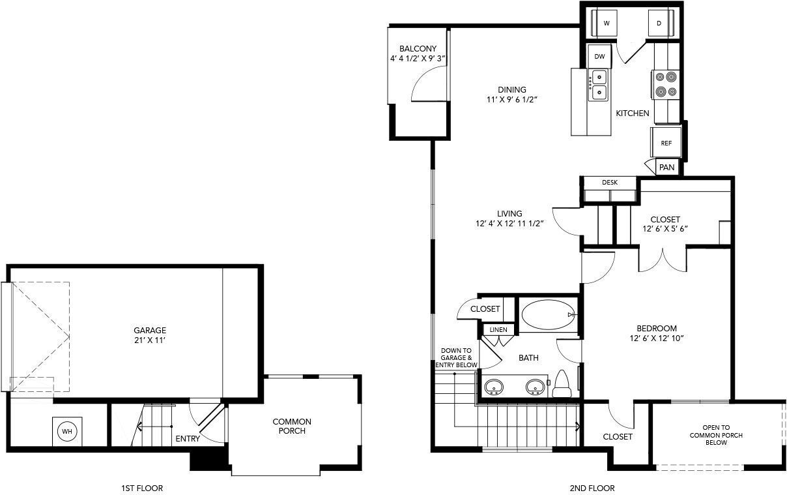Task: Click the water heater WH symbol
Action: [x=66, y=431]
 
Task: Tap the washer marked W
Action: [x=607, y=23]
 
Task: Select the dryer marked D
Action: [x=659, y=23]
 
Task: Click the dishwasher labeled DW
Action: [x=599, y=57]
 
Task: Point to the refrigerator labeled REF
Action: [x=666, y=143]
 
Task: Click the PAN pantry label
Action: [x=666, y=168]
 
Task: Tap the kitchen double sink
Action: [x=599, y=85]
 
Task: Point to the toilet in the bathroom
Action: [x=561, y=383]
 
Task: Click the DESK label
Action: [x=610, y=182]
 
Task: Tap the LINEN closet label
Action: [x=498, y=330]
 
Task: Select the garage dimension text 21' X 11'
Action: [x=150, y=340]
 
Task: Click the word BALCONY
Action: [x=418, y=49]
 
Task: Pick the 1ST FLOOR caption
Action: [x=142, y=488]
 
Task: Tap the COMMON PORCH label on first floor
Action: [x=292, y=426]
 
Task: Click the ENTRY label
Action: [x=188, y=439]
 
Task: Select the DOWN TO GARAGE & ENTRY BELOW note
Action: [x=456, y=358]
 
